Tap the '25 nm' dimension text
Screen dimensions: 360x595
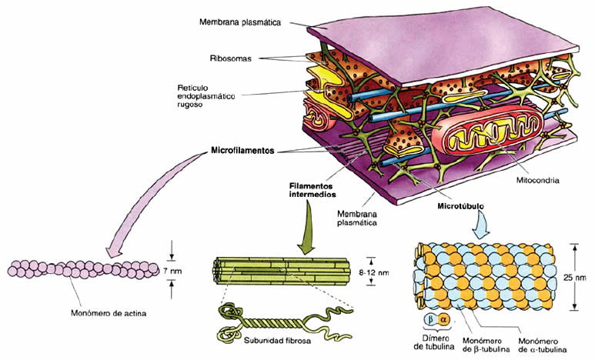[583, 277]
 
